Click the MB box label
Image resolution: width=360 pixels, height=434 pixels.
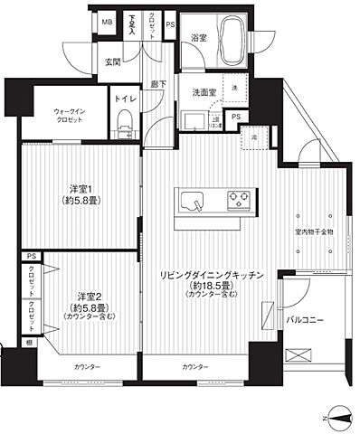[106, 22]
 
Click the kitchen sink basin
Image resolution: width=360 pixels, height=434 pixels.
[195, 201]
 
